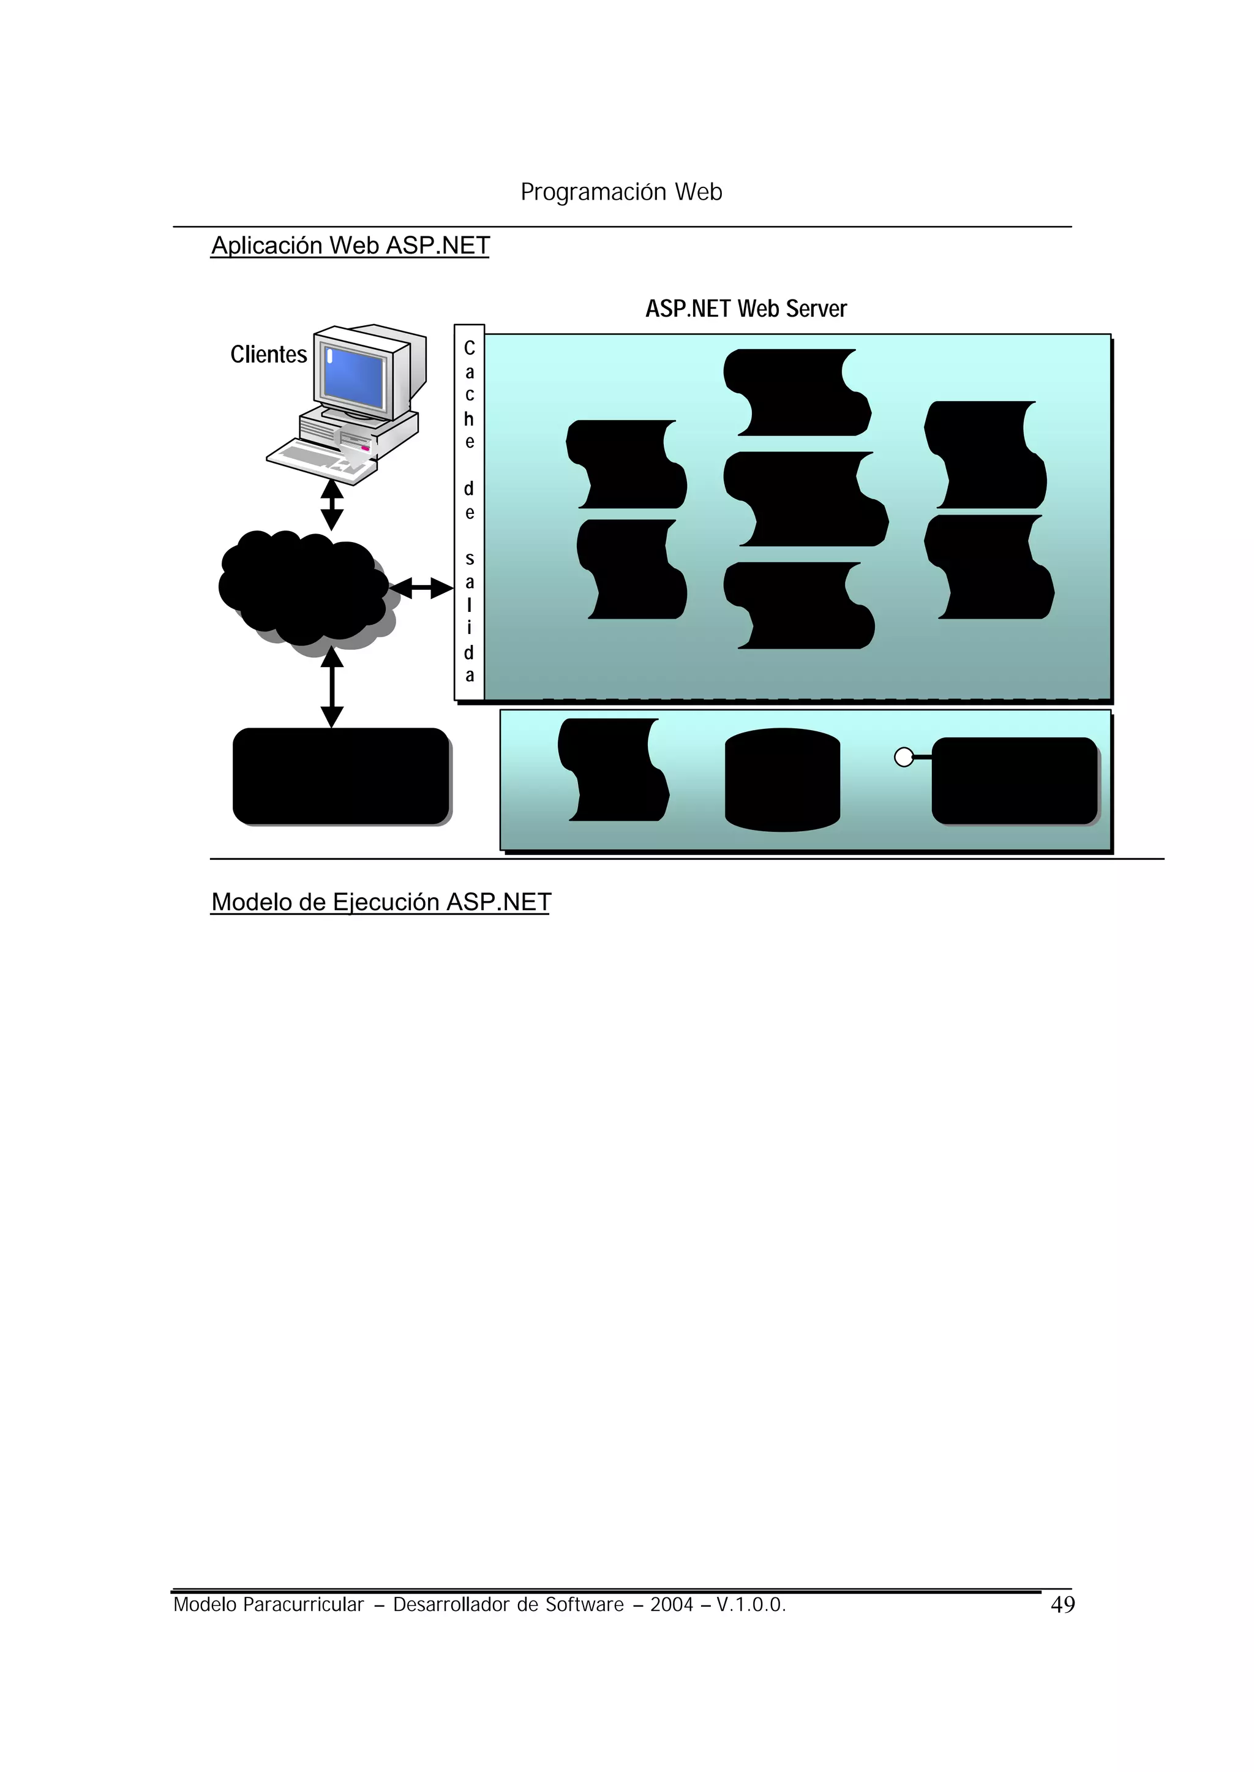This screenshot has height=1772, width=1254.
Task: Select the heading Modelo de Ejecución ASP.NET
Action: (x=381, y=902)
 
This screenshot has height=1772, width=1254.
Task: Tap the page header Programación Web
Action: (x=621, y=192)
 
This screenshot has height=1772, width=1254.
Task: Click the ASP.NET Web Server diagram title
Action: (x=746, y=309)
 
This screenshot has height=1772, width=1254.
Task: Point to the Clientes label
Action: (x=268, y=355)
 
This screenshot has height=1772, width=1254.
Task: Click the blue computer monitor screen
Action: (x=355, y=379)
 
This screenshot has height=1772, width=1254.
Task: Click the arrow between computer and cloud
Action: (x=332, y=505)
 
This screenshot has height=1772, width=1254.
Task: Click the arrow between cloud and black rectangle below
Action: (x=332, y=687)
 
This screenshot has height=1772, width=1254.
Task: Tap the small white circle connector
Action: (x=903, y=758)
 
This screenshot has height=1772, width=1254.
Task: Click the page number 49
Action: (x=1062, y=1605)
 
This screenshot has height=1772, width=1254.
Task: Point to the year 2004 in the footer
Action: (x=671, y=1605)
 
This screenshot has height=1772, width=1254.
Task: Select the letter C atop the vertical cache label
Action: (x=468, y=349)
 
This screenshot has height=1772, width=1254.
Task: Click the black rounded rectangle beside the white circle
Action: (x=1015, y=780)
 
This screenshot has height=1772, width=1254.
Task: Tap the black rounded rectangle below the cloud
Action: (x=340, y=776)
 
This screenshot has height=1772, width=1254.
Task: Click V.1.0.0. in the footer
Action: (x=751, y=1605)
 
